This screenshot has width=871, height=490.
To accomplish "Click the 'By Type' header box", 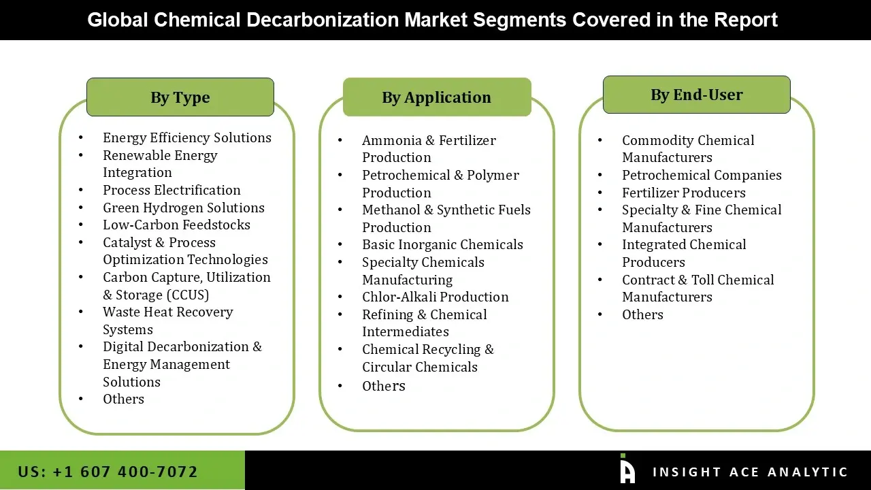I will click(x=180, y=97).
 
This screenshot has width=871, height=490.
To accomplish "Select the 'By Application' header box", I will click(x=436, y=97).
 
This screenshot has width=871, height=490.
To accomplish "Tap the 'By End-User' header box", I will click(x=696, y=95).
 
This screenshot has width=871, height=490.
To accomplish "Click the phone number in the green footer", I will click(x=108, y=472).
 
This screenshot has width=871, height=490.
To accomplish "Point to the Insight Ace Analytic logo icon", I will click(x=627, y=470).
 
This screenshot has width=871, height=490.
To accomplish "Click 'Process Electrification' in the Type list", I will click(x=171, y=190).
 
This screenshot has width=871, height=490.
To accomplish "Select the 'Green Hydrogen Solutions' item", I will click(x=183, y=208).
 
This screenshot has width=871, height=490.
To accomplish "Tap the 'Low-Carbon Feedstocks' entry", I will click(x=176, y=225).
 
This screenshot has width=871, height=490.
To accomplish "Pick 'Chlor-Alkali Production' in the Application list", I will click(x=435, y=297).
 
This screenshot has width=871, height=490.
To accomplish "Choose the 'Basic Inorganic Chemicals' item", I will click(x=442, y=244).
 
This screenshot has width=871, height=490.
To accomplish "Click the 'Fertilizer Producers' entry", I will click(x=683, y=193).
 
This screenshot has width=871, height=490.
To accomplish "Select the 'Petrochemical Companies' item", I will click(x=702, y=175).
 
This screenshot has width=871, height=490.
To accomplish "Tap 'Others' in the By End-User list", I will click(x=642, y=314).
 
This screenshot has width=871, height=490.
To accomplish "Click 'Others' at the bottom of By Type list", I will click(x=123, y=399).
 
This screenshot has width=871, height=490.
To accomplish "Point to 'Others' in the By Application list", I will click(x=383, y=386).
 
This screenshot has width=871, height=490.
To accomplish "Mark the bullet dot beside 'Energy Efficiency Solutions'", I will click(x=81, y=137).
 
